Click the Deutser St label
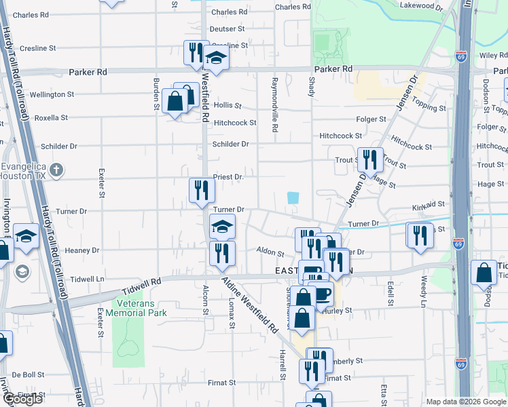[x=227, y=29]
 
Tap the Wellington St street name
[x=52, y=94]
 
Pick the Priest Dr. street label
[x=228, y=176]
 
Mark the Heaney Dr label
[x=82, y=250]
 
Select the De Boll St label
[x=27, y=374]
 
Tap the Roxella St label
[x=52, y=117]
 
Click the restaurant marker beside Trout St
[x=370, y=160]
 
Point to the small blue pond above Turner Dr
[x=293, y=197]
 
